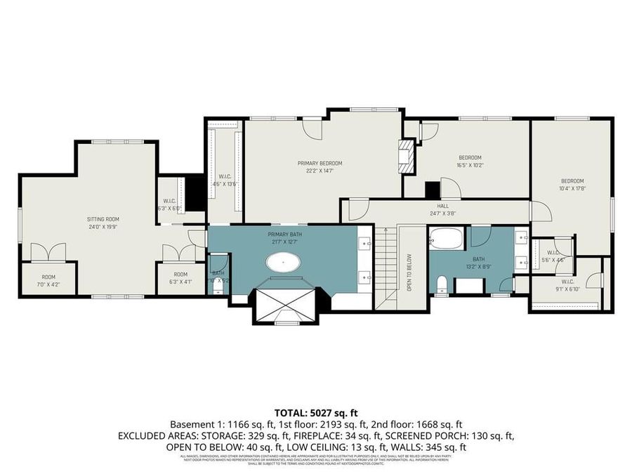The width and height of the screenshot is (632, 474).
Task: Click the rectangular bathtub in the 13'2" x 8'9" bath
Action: click(447, 239)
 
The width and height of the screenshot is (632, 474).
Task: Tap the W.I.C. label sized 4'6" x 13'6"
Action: click(225, 180)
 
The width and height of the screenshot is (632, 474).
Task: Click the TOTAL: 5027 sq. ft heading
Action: click(315, 412)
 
